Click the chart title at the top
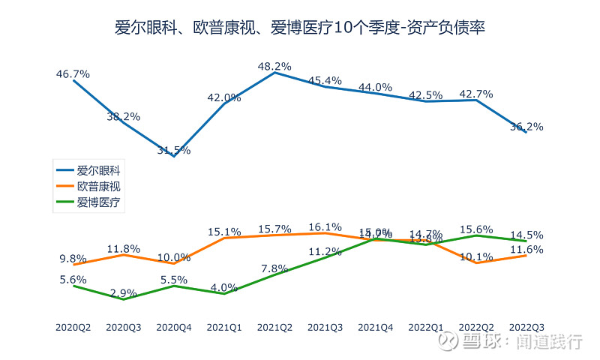[300, 29]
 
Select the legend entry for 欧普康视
[97, 187]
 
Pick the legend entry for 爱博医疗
[97, 202]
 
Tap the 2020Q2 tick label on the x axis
[73, 327]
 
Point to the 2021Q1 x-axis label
[224, 327]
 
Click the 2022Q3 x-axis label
[526, 327]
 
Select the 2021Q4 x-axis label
[376, 327]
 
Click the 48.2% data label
[274, 66]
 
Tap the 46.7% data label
[73, 74]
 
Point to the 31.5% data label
[174, 150]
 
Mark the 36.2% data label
[526, 127]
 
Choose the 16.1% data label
[325, 227]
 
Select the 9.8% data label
[73, 259]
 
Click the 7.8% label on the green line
[274, 268]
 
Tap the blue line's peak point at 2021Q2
[275, 73]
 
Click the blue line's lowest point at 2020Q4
[174, 156]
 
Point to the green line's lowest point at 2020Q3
[124, 299]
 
